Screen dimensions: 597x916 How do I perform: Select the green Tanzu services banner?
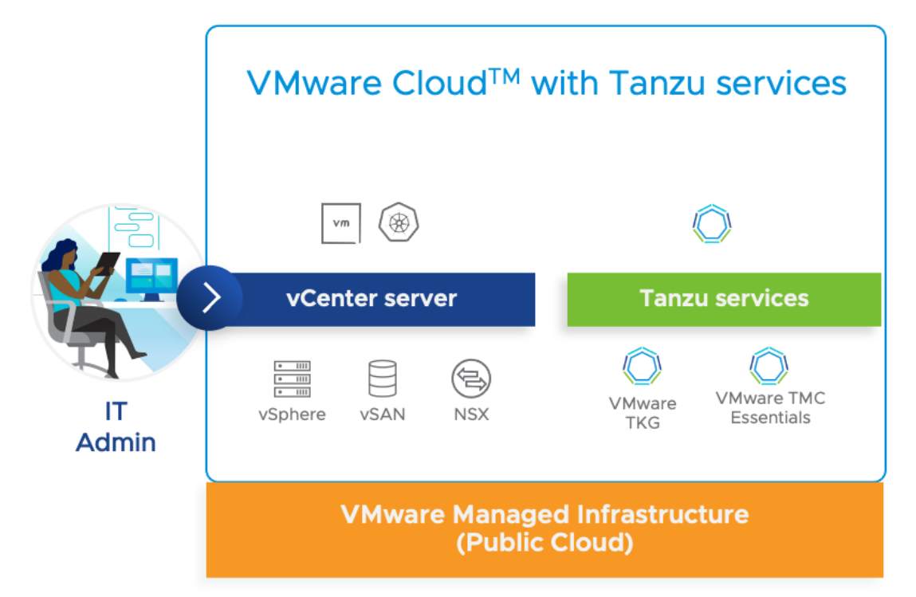point(723,299)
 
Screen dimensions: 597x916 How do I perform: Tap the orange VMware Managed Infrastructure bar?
point(544,528)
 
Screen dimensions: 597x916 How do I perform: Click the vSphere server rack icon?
point(292,379)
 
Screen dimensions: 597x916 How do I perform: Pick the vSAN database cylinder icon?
point(382,379)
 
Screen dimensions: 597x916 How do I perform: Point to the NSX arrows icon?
point(471,379)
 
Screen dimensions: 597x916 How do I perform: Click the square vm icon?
point(340,223)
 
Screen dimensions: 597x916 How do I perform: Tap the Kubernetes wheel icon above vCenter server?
point(399,222)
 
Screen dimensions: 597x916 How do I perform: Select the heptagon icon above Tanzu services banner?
point(712,225)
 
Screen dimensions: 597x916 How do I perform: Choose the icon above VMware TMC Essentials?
point(769,367)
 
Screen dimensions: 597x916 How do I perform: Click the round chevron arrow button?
point(210,298)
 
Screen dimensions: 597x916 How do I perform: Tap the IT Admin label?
point(116,426)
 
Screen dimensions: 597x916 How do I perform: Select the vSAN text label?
point(382,414)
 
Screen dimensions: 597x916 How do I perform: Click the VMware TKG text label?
point(643,413)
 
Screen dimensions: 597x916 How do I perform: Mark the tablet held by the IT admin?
point(109,262)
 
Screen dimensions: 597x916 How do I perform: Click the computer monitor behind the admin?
point(152,276)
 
